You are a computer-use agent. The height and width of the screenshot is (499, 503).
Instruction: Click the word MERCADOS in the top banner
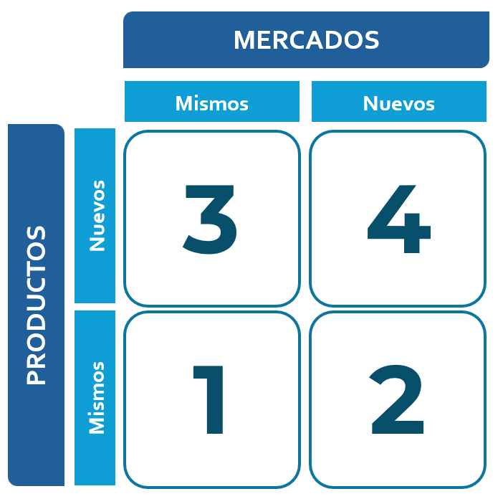(306, 40)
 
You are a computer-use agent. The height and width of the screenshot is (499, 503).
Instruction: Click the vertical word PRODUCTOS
(36, 305)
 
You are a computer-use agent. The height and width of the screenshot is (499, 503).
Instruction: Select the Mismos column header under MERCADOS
(211, 103)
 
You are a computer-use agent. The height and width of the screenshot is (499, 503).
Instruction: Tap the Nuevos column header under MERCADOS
(398, 103)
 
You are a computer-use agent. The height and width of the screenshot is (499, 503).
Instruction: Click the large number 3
(210, 219)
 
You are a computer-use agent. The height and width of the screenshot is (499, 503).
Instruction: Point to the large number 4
(398, 219)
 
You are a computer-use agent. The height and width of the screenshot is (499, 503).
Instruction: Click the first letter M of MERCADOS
(245, 40)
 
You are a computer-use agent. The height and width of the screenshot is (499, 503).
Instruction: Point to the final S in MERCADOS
(370, 40)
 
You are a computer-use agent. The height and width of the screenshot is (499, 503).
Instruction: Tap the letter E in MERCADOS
(265, 40)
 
